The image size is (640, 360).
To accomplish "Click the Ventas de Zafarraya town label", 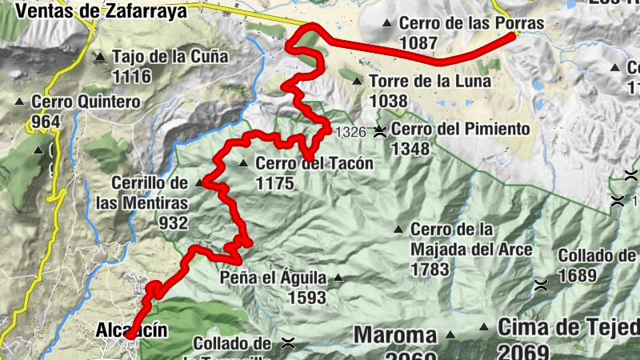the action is click(100, 11).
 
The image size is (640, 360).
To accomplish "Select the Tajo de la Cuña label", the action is click(170, 57).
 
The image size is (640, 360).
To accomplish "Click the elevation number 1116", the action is click(132, 76).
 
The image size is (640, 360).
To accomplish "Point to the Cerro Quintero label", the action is click(86, 102).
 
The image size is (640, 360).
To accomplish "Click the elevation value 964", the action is click(46, 122).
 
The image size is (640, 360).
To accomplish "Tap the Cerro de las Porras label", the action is click(471, 24).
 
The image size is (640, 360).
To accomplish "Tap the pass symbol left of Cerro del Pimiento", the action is click(378, 130).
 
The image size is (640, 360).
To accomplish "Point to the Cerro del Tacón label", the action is click(314, 163).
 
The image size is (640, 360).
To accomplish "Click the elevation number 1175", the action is click(275, 183).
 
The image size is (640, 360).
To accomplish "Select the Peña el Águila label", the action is click(273, 278).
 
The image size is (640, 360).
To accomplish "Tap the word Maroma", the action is click(395, 334).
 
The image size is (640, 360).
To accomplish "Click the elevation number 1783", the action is click(430, 269).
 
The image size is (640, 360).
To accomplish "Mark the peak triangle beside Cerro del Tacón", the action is click(243, 163).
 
